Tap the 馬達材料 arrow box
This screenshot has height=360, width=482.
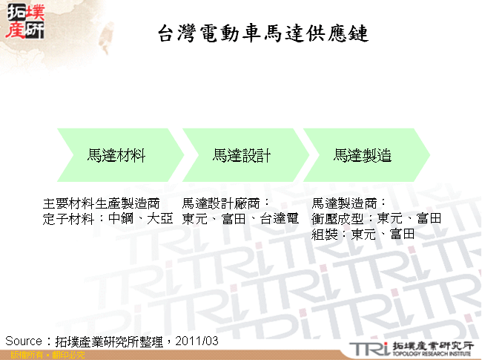[x=116, y=155]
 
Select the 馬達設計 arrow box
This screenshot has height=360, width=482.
[x=241, y=155]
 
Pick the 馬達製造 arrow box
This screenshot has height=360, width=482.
[x=363, y=155]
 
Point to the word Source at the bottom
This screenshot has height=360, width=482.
[x=24, y=341]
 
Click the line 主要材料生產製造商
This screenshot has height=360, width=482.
[x=102, y=203]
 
